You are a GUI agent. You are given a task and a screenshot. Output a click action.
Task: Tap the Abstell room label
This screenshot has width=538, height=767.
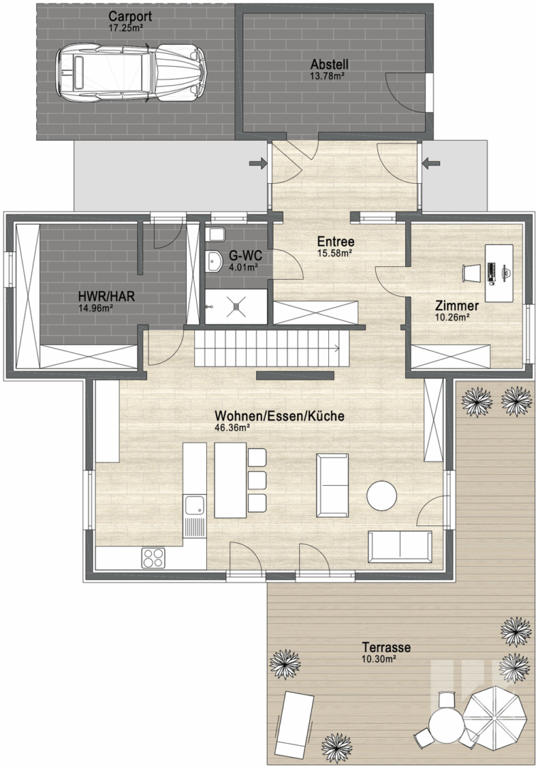(x=330, y=64)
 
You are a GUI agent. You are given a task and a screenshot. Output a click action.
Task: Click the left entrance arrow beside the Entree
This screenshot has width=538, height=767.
(x=257, y=163)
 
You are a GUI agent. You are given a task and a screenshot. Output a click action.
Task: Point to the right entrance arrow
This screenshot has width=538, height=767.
(x=431, y=163)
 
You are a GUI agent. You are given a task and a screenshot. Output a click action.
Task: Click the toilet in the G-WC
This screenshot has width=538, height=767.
(x=215, y=235)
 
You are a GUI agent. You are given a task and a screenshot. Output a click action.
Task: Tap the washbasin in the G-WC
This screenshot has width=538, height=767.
(x=213, y=261)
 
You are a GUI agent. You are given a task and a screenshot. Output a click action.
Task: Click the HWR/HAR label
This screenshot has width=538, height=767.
(x=106, y=296)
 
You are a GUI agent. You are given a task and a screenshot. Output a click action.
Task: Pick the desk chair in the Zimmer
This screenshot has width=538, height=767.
(x=471, y=273)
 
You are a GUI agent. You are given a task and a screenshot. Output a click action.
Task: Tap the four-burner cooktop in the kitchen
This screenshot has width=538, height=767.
(x=154, y=557)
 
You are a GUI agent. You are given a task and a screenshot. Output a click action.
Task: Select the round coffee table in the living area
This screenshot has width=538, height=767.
(x=382, y=496)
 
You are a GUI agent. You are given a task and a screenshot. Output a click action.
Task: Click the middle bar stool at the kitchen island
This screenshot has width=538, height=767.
(x=257, y=480)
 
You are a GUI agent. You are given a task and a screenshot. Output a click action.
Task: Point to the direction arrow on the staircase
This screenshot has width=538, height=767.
(x=337, y=348)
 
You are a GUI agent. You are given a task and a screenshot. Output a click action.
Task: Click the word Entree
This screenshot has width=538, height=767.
(x=335, y=241)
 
